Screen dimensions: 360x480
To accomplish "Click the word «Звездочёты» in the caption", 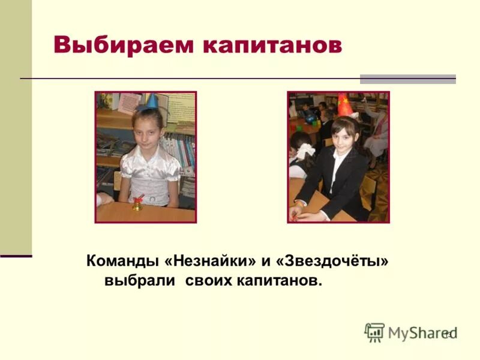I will click(x=332, y=262).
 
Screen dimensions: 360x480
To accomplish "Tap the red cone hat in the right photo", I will click(x=344, y=104).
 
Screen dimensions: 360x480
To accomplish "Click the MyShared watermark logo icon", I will click(x=374, y=332).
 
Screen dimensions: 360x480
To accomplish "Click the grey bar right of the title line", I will click(x=407, y=79).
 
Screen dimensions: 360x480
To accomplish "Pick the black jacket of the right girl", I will click(x=336, y=180).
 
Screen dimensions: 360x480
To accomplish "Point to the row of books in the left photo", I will click(x=180, y=150).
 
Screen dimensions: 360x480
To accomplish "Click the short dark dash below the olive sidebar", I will click(x=16, y=256).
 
